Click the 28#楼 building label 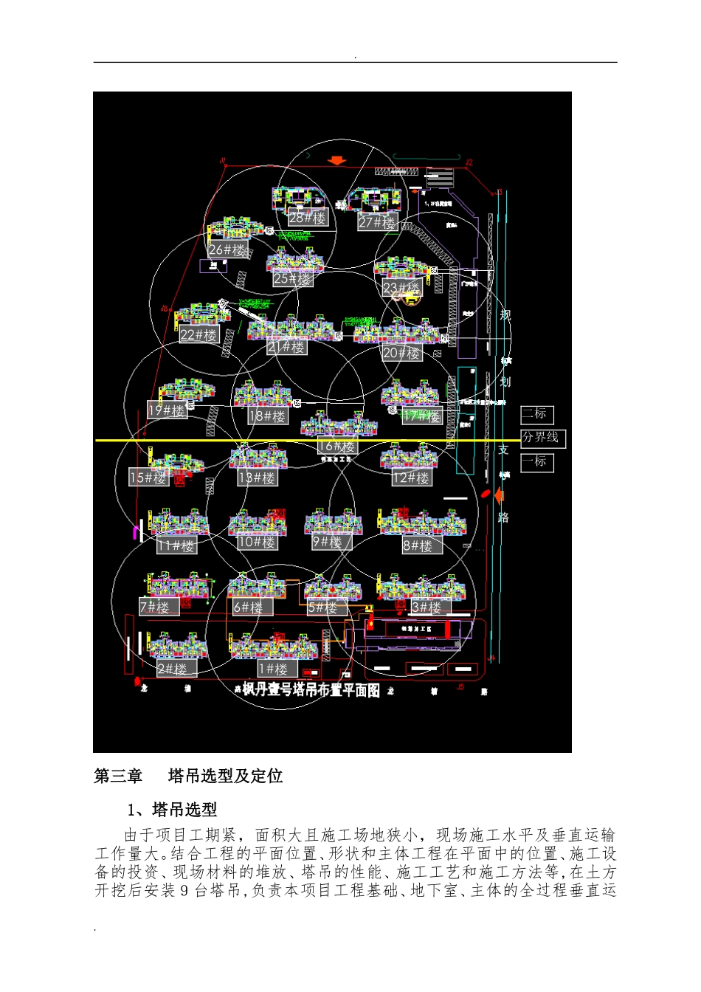[308, 218]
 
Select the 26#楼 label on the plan [227, 250]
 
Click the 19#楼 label [167, 410]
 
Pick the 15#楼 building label [148, 478]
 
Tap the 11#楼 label [176, 546]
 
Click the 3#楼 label [427, 607]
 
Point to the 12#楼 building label [412, 478]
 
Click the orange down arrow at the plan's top [338, 160]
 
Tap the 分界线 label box [541, 438]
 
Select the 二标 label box [536, 414]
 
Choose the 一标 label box [536, 462]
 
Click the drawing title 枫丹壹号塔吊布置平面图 [311, 690]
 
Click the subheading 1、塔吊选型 [173, 810]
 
